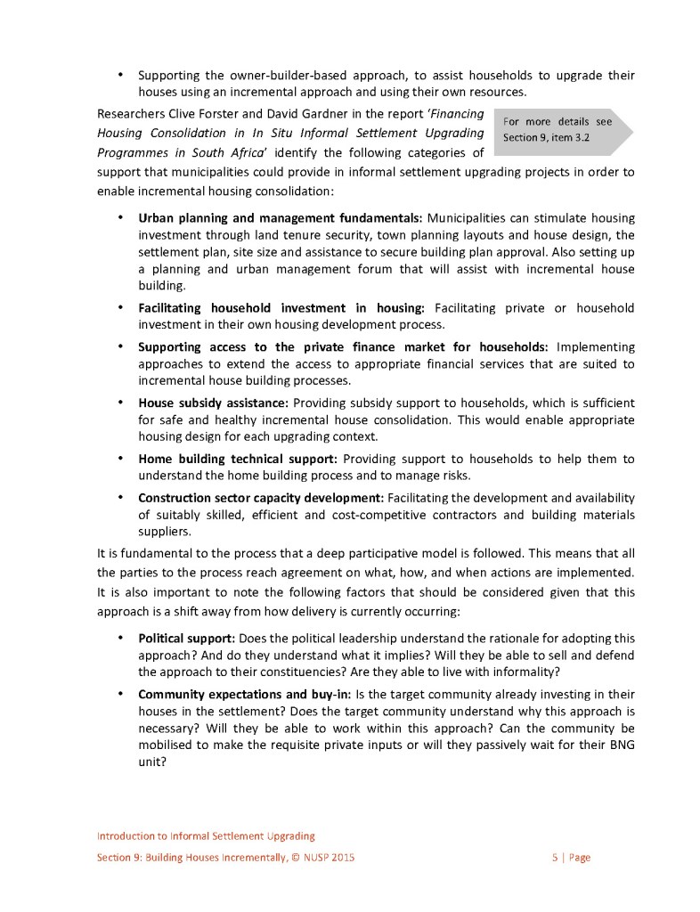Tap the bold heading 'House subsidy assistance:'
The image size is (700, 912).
(214, 403)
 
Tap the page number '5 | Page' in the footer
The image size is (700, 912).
(571, 858)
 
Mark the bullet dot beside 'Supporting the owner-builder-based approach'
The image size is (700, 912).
(118, 75)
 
